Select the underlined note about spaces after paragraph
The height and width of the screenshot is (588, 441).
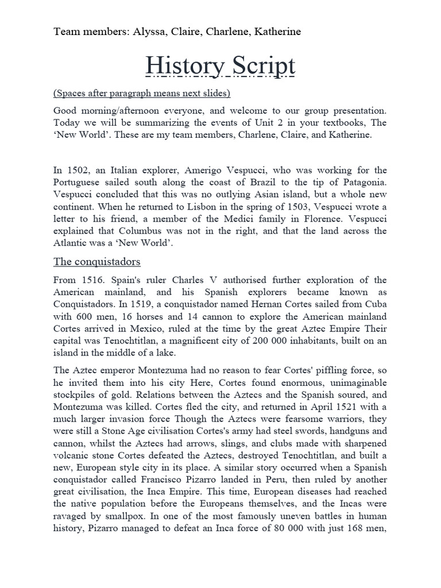click(142, 93)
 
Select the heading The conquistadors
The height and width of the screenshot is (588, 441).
click(97, 262)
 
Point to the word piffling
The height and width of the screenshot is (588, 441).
click(326, 371)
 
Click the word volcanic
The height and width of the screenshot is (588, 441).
click(73, 456)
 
